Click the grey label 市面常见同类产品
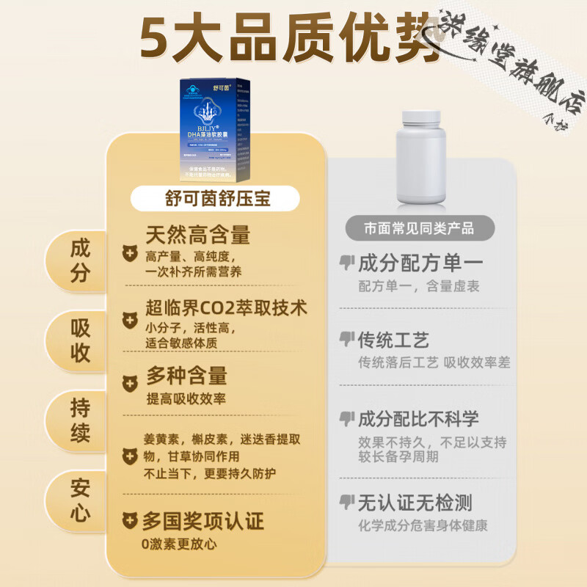coord(420,228)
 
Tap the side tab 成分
coord(79,260)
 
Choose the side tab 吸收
coord(79,340)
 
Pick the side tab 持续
coord(79,418)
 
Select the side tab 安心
coord(79,499)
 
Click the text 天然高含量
coord(198,235)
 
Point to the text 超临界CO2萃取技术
coord(226,307)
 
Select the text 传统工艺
coord(393,340)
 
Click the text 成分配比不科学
coord(418,419)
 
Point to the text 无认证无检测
coord(415,503)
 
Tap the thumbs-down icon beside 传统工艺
coord(346,339)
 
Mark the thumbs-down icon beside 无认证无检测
coord(346,502)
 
